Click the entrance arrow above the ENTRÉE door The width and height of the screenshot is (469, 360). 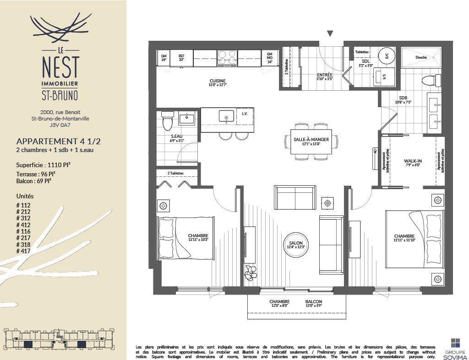click(x=330, y=33)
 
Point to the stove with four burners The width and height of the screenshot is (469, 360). click(x=227, y=58)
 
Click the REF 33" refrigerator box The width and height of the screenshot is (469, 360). click(x=181, y=58)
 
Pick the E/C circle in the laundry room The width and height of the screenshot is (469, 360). click(x=386, y=56)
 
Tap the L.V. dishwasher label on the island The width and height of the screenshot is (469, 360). click(x=245, y=114)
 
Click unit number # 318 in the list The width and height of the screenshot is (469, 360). click(x=25, y=245)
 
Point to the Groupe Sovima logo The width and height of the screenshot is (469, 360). click(x=455, y=347)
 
